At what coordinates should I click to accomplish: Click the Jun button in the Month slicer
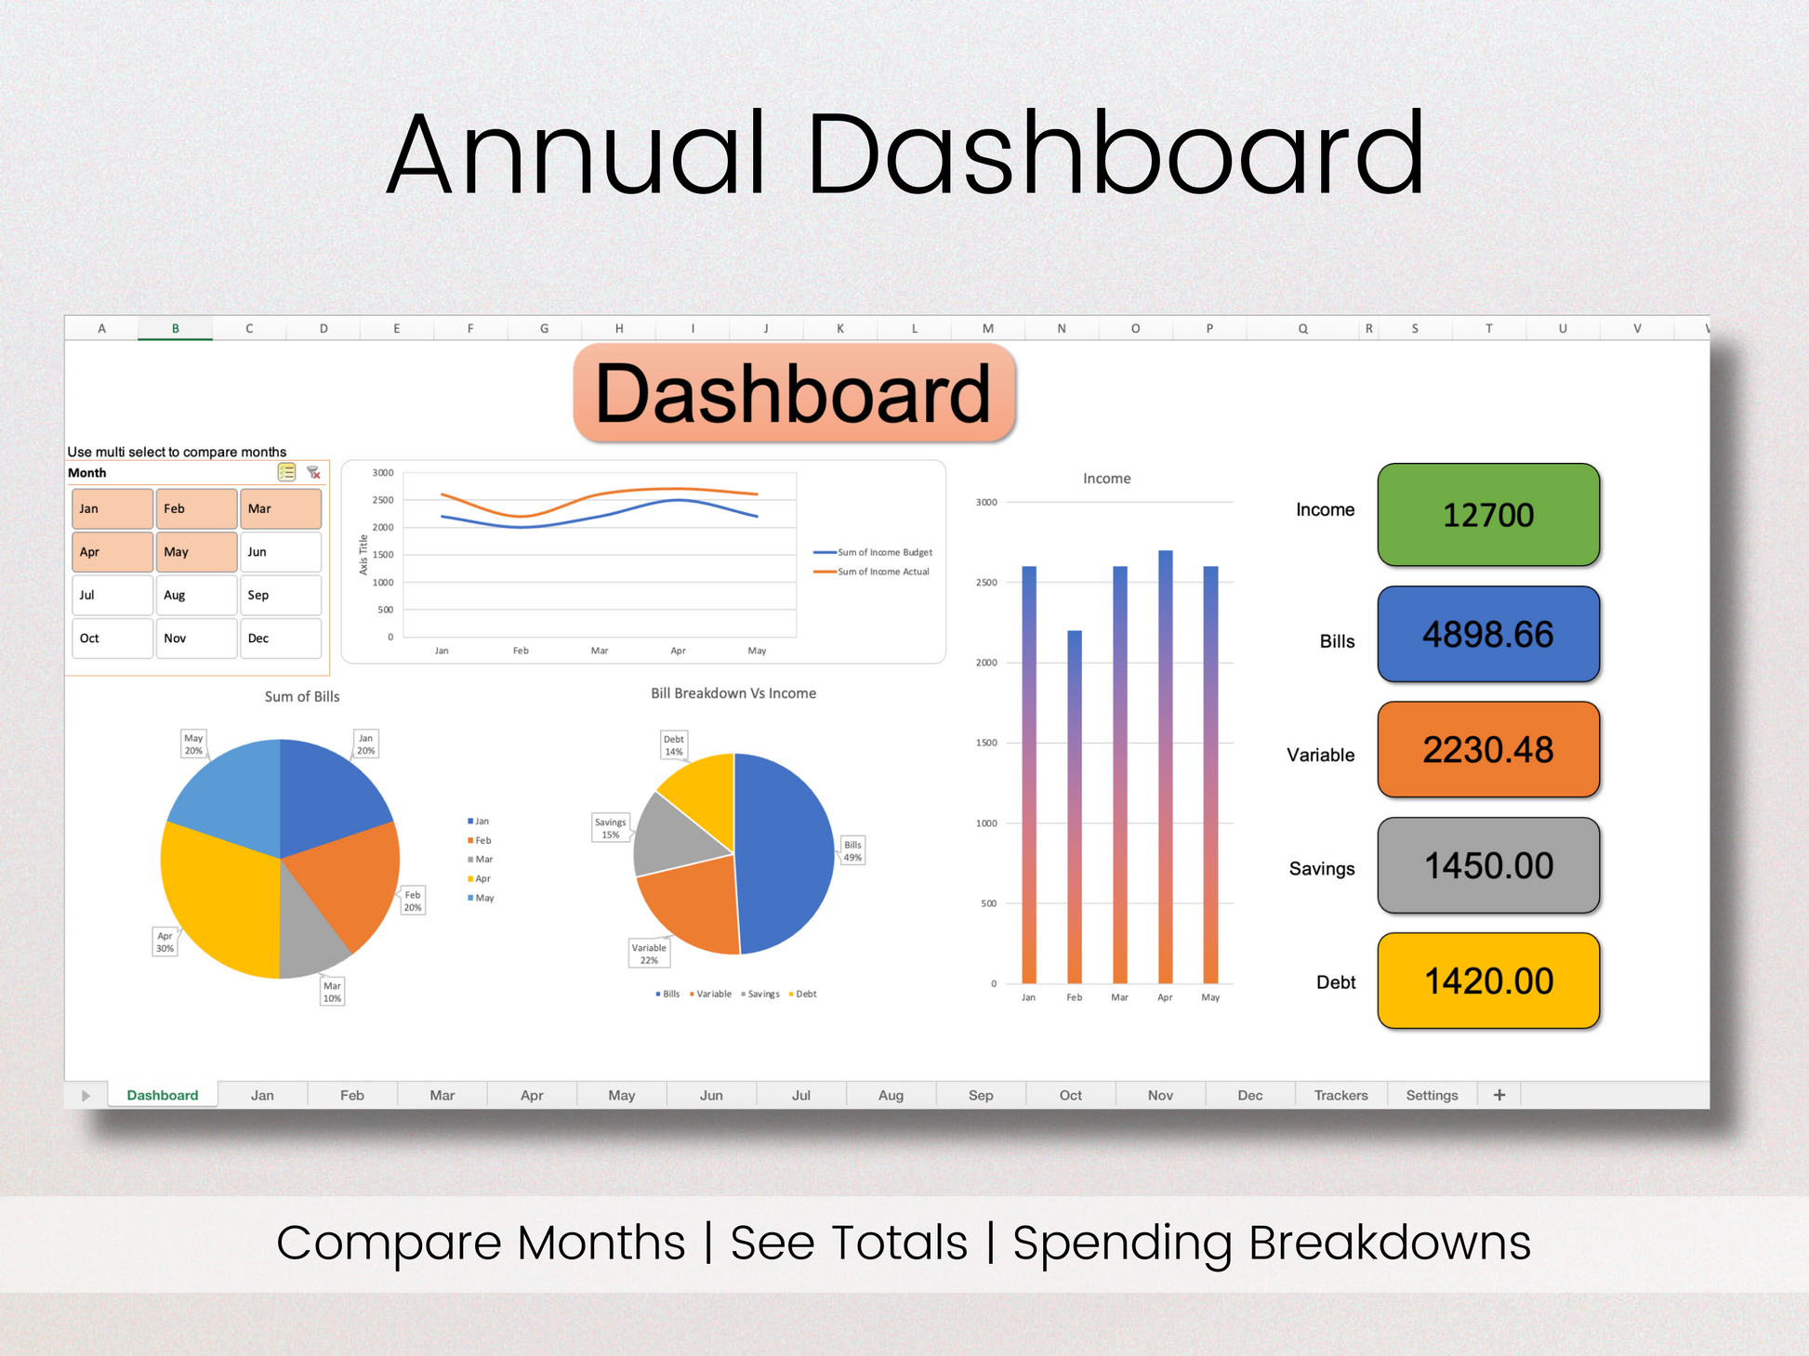pos(281,552)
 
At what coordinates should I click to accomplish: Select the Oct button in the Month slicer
pos(112,639)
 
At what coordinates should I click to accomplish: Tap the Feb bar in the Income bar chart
pos(1075,807)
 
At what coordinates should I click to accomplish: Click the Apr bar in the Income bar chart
pos(1165,767)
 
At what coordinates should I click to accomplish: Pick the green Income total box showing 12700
pos(1488,515)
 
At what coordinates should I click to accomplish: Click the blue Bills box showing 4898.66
pos(1488,634)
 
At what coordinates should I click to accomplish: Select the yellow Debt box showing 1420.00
pos(1488,981)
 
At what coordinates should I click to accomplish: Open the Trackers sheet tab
pos(1340,1095)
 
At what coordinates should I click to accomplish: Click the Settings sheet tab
pos(1432,1095)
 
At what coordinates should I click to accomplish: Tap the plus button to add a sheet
pos(1499,1095)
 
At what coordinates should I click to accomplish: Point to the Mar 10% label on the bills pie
pos(332,992)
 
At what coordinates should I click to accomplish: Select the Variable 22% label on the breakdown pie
pos(649,954)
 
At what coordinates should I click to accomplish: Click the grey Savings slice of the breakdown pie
pos(679,836)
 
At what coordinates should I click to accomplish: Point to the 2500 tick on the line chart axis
pos(383,500)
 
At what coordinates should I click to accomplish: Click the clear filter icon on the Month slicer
pos(314,473)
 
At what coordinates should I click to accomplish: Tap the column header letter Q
pos(1303,328)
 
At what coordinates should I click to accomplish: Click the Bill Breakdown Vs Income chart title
pos(733,693)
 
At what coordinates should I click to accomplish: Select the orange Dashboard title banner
pos(794,393)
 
